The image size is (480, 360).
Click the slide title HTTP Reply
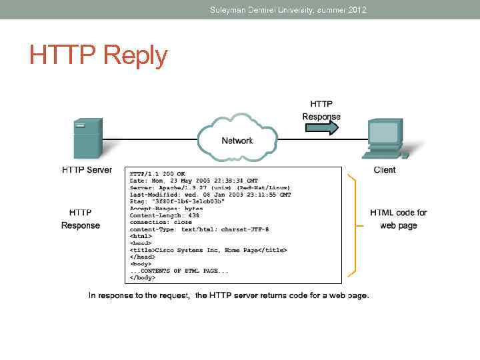coord(98,56)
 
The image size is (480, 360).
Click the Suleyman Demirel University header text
coord(288,10)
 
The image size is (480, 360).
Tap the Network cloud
coord(237,140)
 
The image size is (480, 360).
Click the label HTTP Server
coord(87,170)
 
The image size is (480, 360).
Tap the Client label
coord(385,170)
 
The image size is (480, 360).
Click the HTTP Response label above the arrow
coord(321,110)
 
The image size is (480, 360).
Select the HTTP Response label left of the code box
coord(81,219)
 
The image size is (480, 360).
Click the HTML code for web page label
coord(399,219)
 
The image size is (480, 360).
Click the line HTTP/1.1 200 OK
coord(157,173)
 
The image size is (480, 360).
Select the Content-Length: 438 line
coord(164,215)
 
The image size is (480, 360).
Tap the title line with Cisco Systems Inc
coord(208,250)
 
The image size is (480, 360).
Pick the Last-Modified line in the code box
coord(210,195)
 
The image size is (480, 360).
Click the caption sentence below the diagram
coord(229,295)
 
